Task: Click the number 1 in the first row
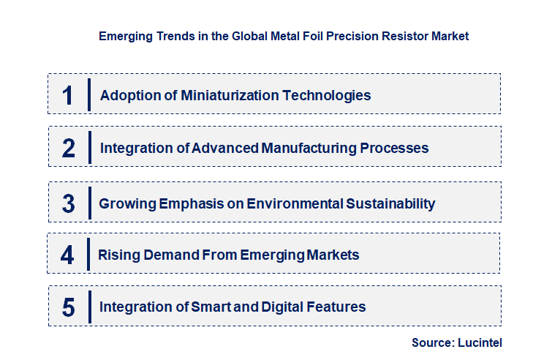click(68, 95)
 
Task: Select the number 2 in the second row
click(69, 149)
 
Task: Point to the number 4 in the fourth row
click(68, 255)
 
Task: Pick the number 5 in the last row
click(69, 307)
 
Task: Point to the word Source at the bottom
click(432, 342)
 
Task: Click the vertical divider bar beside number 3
click(88, 203)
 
